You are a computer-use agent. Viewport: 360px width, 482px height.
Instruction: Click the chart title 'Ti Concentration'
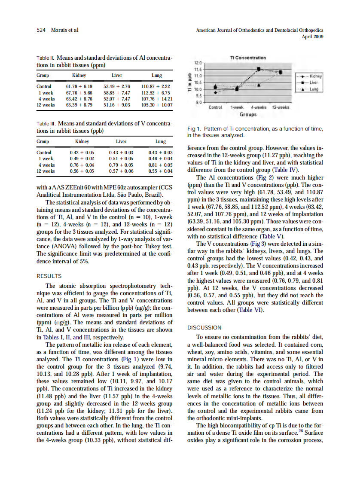tap(248, 58)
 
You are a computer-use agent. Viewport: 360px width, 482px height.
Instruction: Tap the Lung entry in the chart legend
tap(314, 89)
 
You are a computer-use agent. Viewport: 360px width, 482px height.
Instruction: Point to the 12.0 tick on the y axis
tap(198, 63)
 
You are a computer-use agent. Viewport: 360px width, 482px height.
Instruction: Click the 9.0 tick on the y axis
tap(198, 102)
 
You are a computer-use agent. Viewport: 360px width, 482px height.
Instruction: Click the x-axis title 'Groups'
tap(248, 114)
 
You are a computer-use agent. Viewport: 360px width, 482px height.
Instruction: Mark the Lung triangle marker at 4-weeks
tap(259, 85)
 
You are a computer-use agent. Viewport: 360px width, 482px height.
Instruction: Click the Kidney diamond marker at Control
tap(216, 92)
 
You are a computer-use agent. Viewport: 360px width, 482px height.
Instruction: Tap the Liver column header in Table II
tap(117, 75)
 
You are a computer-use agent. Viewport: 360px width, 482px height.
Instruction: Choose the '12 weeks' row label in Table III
tap(46, 171)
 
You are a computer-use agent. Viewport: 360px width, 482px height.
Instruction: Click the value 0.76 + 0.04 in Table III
tap(82, 165)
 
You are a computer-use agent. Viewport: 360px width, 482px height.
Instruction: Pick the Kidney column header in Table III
tap(82, 141)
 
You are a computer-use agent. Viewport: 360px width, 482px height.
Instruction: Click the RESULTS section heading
tap(49, 276)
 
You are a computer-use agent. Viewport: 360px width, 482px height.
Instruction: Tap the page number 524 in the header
tap(41, 30)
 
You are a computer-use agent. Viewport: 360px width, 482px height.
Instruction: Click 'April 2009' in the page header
tap(313, 37)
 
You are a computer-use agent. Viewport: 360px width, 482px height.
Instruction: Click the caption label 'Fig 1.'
tap(195, 129)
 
